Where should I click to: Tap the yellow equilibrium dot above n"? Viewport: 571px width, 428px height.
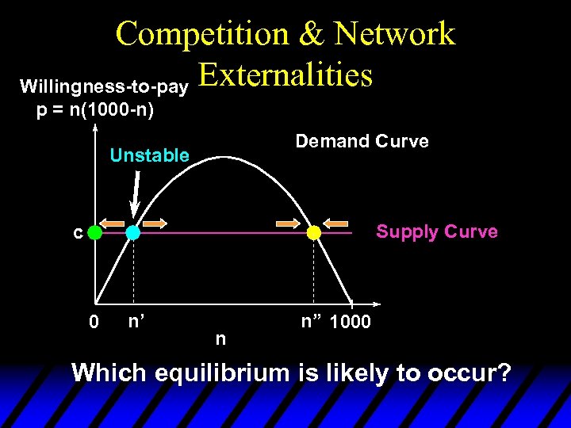point(314,233)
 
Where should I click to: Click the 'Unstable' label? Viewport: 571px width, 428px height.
point(149,155)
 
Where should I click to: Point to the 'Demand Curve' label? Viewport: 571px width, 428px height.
point(362,142)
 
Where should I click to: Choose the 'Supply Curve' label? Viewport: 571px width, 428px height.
point(437,231)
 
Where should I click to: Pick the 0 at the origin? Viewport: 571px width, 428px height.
point(94,323)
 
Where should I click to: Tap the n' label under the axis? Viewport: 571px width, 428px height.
point(135,322)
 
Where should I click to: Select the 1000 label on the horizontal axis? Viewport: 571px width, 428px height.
point(349,323)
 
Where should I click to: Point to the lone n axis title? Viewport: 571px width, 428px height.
point(220,339)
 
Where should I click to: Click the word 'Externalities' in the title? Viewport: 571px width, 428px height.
point(285,75)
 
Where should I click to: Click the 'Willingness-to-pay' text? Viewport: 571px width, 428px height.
point(103,85)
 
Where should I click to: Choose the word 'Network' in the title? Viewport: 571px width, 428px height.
point(394,34)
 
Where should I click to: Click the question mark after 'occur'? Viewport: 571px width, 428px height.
point(502,373)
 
